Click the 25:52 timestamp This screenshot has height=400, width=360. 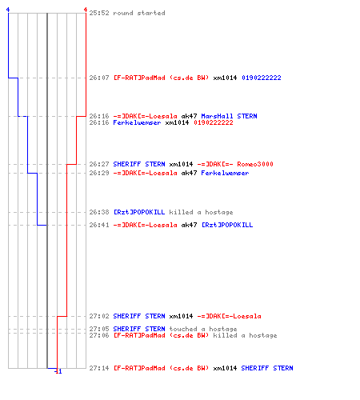tap(99, 13)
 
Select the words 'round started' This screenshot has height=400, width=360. tap(139, 13)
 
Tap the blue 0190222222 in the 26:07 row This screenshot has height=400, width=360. tap(262, 78)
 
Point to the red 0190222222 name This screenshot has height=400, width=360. tap(214, 122)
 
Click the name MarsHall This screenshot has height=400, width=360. tap(217, 116)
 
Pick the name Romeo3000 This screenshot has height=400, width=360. tap(255, 164)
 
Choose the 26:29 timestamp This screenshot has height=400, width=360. tap(99, 173)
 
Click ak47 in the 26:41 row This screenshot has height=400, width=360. tap(189, 225)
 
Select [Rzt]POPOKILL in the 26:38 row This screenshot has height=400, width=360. tap(139, 212)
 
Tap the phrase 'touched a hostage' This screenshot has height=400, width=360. tap(203, 329)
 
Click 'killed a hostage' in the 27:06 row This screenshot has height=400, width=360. tap(245, 335)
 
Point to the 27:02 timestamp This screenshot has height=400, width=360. tap(99, 316)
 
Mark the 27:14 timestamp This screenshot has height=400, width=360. tap(99, 368)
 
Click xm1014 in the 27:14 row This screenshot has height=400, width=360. tap(225, 368)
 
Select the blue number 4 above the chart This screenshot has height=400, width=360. tap(8, 10)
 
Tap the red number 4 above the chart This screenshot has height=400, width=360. tap(86, 10)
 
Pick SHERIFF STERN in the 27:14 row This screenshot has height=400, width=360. tap(267, 368)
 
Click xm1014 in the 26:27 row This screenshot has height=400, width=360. tap(181, 164)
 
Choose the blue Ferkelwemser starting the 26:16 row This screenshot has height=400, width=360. tap(137, 122)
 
